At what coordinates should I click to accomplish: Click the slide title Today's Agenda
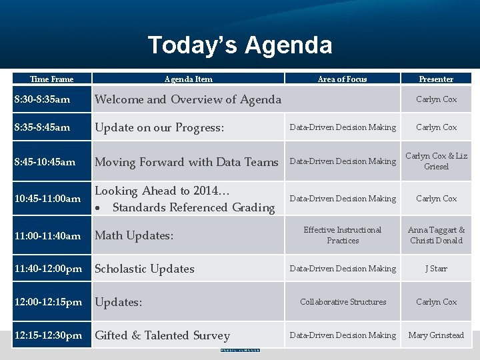(239, 45)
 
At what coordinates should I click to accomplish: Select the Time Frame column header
(51, 79)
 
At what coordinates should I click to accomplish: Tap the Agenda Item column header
(188, 79)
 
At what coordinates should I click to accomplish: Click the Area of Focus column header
(342, 79)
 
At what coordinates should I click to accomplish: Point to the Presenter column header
(436, 79)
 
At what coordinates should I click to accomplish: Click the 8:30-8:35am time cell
(41, 99)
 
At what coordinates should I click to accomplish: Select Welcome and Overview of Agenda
(188, 99)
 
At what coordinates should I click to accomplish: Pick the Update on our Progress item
(159, 127)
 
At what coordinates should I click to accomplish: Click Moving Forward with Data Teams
(187, 162)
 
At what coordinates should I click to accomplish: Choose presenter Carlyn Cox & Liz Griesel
(436, 161)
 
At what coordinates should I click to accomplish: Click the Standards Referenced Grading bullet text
(193, 207)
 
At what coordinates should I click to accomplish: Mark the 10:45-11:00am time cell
(47, 199)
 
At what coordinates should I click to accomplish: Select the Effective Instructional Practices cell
(342, 235)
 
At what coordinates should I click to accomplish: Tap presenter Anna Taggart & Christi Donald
(436, 235)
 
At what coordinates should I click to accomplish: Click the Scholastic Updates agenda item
(145, 269)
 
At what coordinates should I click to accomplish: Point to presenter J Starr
(436, 269)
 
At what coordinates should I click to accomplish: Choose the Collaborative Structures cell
(343, 302)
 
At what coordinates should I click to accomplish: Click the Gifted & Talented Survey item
(162, 335)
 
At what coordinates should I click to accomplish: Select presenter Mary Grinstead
(436, 335)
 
